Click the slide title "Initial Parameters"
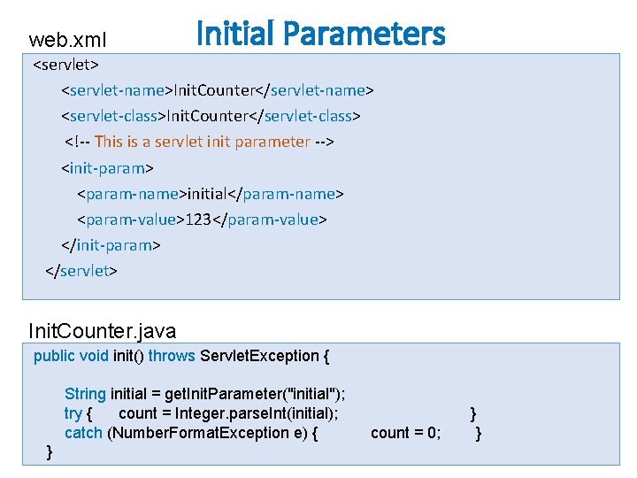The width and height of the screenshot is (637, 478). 320,34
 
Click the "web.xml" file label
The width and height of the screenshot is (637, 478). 68,40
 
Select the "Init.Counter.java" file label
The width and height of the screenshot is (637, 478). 103,331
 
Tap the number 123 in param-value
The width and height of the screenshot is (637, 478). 198,219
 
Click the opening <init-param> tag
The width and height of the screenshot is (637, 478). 107,167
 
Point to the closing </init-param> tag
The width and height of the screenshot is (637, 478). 111,244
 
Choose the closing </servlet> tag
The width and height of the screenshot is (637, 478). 81,270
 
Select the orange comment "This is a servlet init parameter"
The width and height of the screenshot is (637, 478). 203,142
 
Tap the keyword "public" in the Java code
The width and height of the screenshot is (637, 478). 54,356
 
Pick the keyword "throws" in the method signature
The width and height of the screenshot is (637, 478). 173,356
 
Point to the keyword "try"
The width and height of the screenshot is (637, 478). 73,412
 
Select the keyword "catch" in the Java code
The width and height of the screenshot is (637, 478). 83,432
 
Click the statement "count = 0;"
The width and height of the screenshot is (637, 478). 405,432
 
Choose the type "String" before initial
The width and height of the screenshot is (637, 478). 85,394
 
